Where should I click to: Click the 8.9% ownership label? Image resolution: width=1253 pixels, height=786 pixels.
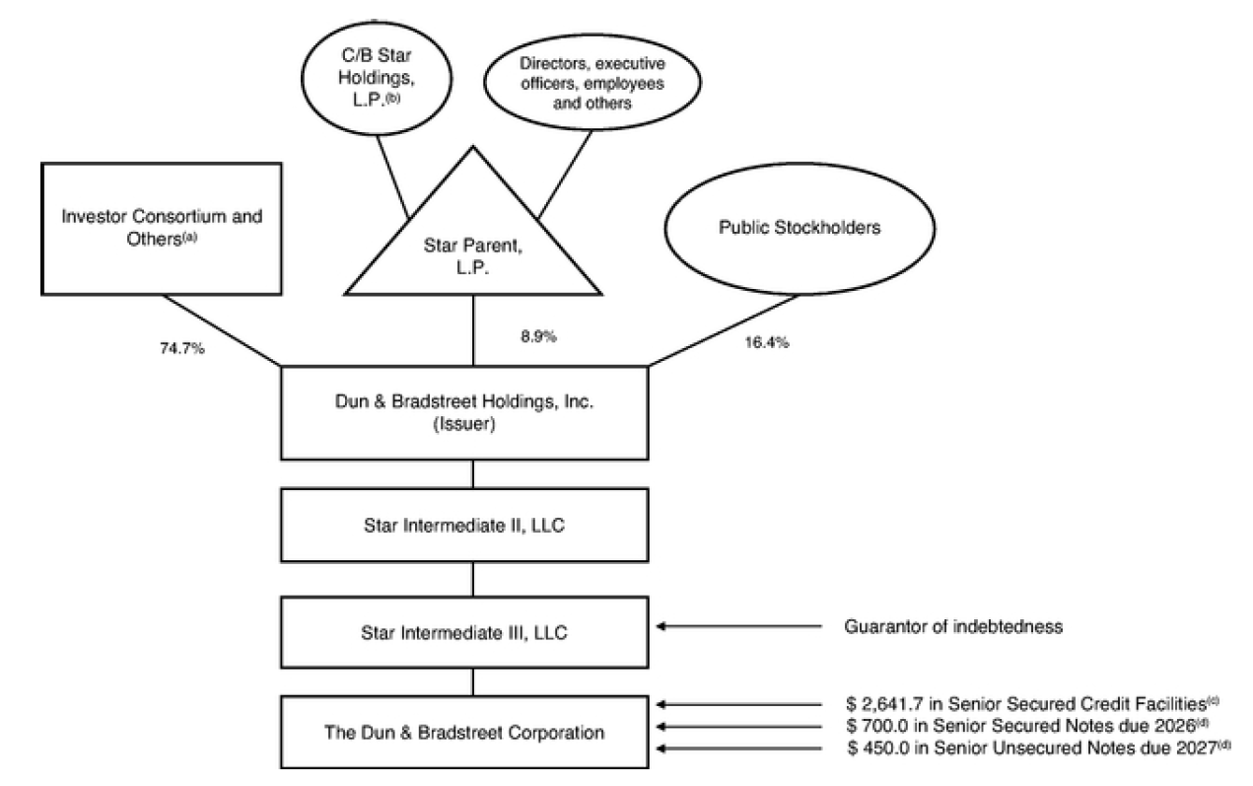click(x=537, y=336)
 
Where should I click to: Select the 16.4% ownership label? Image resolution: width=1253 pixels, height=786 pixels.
click(x=768, y=344)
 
